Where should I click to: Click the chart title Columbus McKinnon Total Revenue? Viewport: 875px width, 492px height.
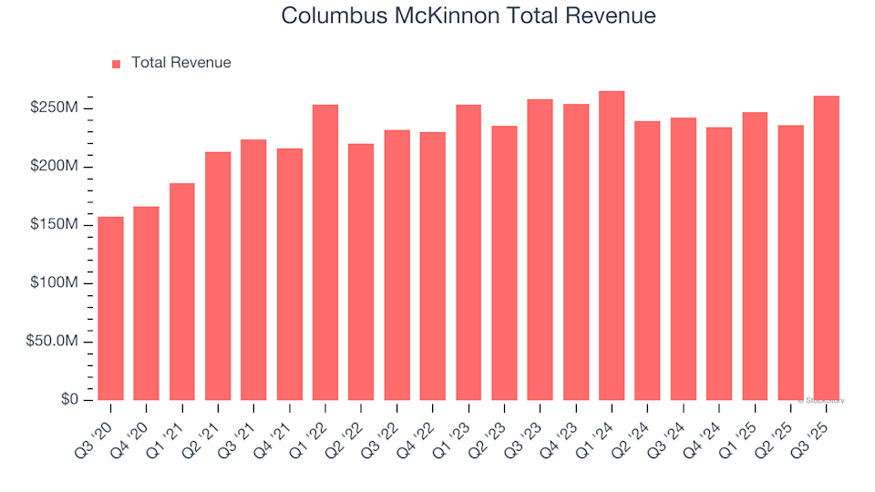(468, 15)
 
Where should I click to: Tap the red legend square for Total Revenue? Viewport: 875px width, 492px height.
(116, 64)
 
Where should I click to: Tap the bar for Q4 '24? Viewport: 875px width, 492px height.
(718, 263)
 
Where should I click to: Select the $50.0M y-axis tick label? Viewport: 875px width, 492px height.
(53, 342)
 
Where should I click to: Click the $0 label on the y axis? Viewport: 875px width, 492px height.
(70, 400)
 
